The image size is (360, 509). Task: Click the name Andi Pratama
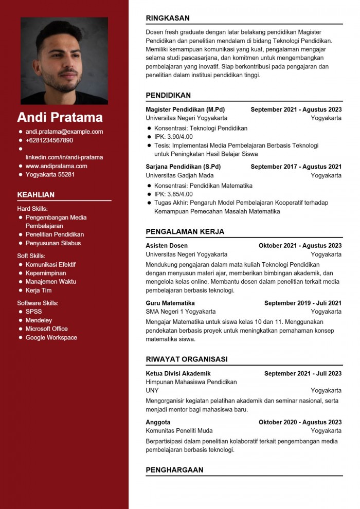coord(60,117)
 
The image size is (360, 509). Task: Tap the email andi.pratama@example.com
coord(64,132)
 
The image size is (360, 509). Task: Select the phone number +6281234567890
coord(49,140)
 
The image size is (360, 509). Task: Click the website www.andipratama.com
coord(56,166)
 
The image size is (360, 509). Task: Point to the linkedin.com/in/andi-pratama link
coord(64,157)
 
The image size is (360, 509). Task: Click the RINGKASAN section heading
coord(168,18)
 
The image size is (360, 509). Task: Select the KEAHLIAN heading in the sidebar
coord(36,195)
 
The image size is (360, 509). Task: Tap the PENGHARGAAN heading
coord(174,470)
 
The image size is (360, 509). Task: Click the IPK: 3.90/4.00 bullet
coord(173,137)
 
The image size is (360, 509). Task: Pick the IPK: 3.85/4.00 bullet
coord(173,194)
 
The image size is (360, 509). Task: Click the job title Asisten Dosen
coord(167,246)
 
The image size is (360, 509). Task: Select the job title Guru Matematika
coord(170,303)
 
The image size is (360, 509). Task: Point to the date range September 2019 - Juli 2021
coord(303,303)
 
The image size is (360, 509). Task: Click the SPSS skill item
coord(34,312)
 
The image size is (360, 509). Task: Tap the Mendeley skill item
coord(39,320)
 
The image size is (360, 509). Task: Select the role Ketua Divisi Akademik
coord(178,374)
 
